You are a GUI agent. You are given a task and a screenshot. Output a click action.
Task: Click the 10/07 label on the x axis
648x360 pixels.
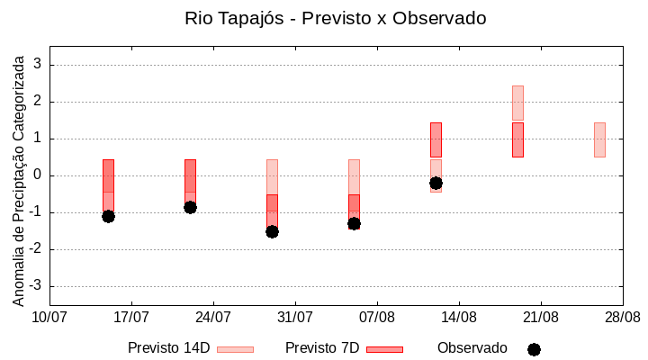[49, 318]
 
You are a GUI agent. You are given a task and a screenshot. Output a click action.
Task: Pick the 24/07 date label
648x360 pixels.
[213, 318]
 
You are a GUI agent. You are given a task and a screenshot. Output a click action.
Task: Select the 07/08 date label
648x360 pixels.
[377, 318]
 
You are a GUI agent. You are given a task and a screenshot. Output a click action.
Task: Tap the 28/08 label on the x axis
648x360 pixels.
[622, 318]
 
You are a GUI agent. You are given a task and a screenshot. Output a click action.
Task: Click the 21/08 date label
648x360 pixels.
[540, 318]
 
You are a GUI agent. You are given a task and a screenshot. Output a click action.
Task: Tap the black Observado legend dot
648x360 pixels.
[534, 349]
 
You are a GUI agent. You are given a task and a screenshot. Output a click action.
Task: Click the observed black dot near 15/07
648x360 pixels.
[108, 216]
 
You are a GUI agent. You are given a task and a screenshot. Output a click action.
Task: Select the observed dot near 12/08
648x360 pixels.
[436, 183]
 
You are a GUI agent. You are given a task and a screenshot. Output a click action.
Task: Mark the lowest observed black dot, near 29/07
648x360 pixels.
[272, 231]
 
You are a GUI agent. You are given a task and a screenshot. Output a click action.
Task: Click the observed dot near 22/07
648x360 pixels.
[190, 207]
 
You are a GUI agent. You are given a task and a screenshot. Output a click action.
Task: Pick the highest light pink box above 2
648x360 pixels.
[517, 103]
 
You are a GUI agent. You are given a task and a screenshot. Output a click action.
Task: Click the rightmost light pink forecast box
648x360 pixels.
[599, 139]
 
